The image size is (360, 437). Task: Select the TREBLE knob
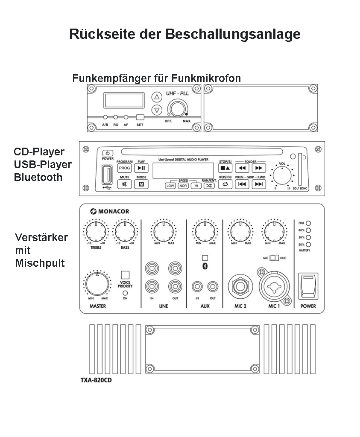(96, 231)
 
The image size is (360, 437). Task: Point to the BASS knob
(125, 231)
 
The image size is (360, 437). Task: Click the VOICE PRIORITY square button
(125, 275)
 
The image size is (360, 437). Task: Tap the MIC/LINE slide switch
(273, 258)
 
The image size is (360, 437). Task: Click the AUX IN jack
(197, 286)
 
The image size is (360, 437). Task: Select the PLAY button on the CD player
(141, 168)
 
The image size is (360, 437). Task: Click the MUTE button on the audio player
(124, 184)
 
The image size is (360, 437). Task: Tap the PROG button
(124, 168)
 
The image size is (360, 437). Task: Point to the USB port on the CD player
(106, 175)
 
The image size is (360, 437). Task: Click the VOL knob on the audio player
(282, 175)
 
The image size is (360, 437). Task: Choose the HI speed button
(196, 185)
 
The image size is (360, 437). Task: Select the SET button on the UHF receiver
(140, 117)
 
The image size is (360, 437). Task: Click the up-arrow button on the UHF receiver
(157, 97)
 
